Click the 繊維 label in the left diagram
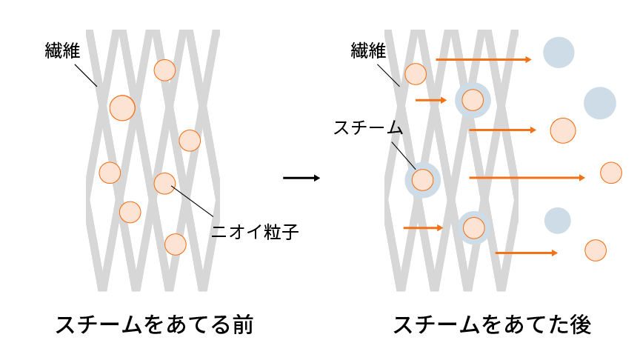[62, 51]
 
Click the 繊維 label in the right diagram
[369, 51]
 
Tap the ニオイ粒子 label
[254, 232]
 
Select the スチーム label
[367, 128]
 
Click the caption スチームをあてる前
[154, 325]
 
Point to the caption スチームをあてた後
[492, 325]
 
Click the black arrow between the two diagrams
[301, 178]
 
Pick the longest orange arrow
[527, 178]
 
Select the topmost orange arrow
[483, 59]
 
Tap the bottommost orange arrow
[526, 253]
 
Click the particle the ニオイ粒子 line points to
[164, 183]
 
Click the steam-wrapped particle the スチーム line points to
[422, 179]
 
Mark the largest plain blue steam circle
[600, 103]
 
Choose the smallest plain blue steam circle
[558, 220]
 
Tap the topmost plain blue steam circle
[559, 52]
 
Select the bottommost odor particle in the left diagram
[175, 244]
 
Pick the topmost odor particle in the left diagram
[164, 70]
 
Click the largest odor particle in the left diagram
[122, 107]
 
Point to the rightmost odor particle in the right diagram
[611, 173]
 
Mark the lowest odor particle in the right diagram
[596, 250]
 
